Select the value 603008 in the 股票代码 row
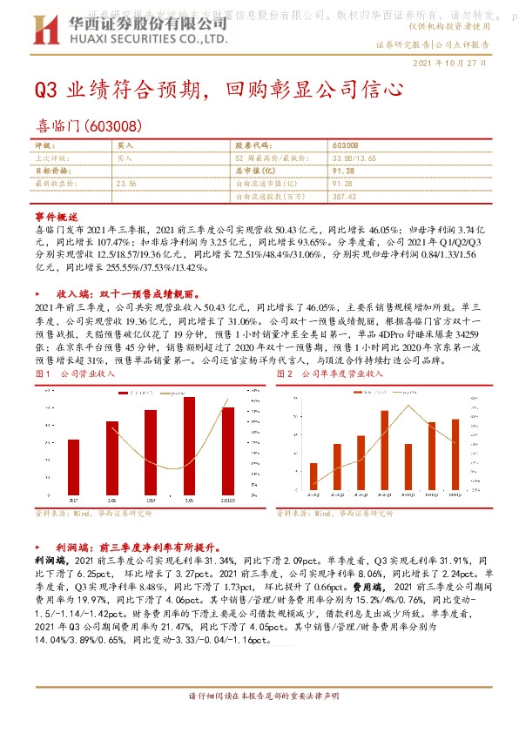345,145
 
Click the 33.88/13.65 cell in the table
354,158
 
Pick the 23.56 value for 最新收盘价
126,184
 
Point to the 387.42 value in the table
344,198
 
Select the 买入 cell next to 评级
125,145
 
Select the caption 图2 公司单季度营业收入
331,373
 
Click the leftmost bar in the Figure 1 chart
72,466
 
